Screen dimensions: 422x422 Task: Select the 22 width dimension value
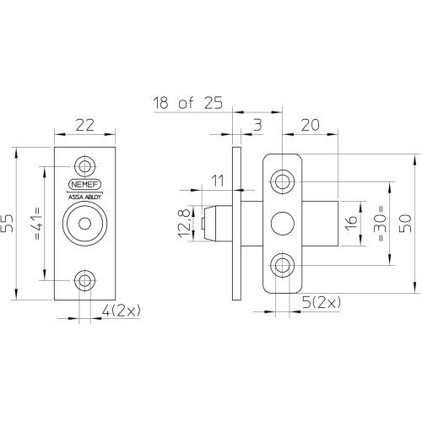tap(84, 125)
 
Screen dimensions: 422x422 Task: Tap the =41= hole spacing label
tap(37, 224)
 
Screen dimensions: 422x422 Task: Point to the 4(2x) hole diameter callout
tap(121, 311)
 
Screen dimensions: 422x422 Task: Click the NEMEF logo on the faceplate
tap(84, 185)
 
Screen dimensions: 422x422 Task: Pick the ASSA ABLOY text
tap(84, 197)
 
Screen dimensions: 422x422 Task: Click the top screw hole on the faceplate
tap(84, 166)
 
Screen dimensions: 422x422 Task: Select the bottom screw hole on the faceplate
tap(84, 280)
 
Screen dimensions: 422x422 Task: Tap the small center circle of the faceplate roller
tap(84, 224)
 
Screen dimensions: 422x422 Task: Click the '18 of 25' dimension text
tap(187, 103)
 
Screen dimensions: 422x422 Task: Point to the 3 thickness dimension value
tap(257, 125)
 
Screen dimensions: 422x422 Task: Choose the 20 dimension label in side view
tap(311, 125)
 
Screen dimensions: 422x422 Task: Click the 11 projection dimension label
tap(218, 181)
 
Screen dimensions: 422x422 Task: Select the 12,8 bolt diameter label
tap(185, 224)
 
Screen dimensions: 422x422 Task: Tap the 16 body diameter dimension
tap(351, 224)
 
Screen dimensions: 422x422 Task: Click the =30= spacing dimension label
tap(381, 224)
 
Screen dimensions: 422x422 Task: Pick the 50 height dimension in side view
tap(405, 224)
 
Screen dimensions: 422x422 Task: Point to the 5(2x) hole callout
tap(322, 303)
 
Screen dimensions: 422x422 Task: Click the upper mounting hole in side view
tap(282, 181)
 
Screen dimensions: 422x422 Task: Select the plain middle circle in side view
tap(283, 224)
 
